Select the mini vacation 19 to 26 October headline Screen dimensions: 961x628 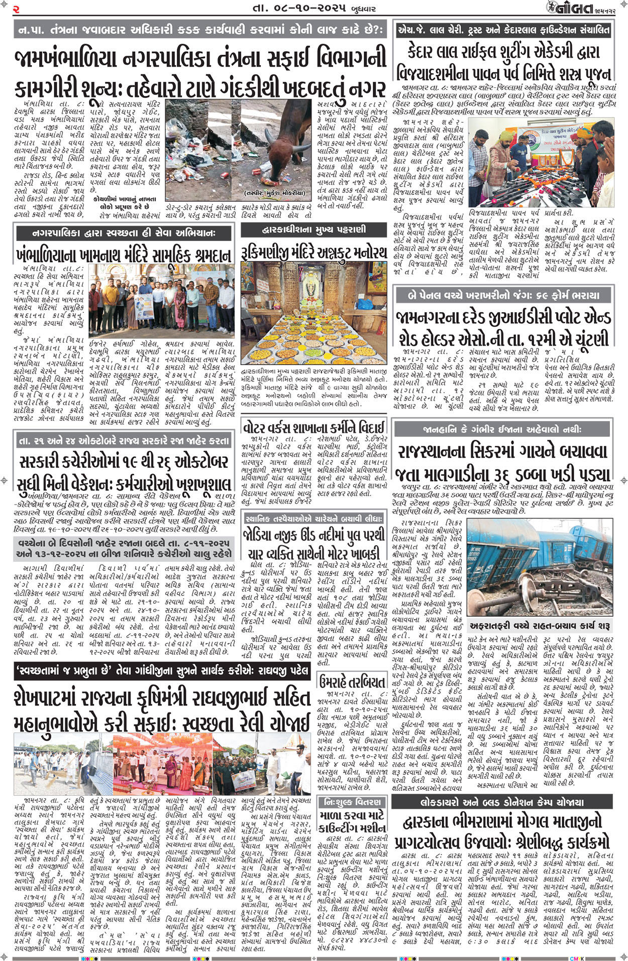[124, 472]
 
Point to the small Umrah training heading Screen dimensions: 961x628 [352, 682]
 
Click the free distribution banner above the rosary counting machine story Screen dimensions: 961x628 [353, 801]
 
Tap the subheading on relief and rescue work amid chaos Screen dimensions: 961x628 [540, 626]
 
